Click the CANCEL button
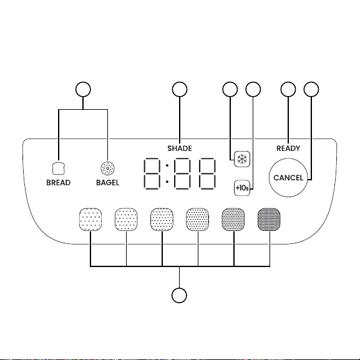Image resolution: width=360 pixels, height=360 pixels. click(x=288, y=177)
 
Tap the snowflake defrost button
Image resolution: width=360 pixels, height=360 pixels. click(x=242, y=159)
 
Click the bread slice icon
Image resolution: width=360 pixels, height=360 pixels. click(x=59, y=168)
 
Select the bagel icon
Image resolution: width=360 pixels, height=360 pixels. click(x=107, y=168)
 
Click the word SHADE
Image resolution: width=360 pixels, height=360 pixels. click(x=180, y=148)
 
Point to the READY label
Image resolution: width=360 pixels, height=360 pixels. click(x=288, y=148)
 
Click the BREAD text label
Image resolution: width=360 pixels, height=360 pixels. click(x=58, y=183)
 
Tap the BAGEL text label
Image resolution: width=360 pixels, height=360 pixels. click(x=107, y=183)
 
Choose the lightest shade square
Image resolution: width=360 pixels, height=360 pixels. click(x=90, y=220)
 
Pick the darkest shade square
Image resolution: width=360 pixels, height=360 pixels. click(x=269, y=220)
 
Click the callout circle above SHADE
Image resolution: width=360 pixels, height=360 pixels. click(x=180, y=89)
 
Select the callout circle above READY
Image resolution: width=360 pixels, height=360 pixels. click(x=288, y=89)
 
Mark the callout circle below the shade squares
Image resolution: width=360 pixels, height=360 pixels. click(x=179, y=295)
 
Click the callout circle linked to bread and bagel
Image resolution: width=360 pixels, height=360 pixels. click(x=83, y=89)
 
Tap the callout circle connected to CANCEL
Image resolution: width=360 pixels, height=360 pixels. click(x=311, y=89)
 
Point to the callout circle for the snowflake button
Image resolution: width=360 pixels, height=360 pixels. click(x=230, y=89)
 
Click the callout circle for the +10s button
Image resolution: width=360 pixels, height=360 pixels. click(x=253, y=89)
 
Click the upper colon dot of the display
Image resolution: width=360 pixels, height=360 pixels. click(x=167, y=165)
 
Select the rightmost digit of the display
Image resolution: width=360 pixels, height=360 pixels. click(x=207, y=173)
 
